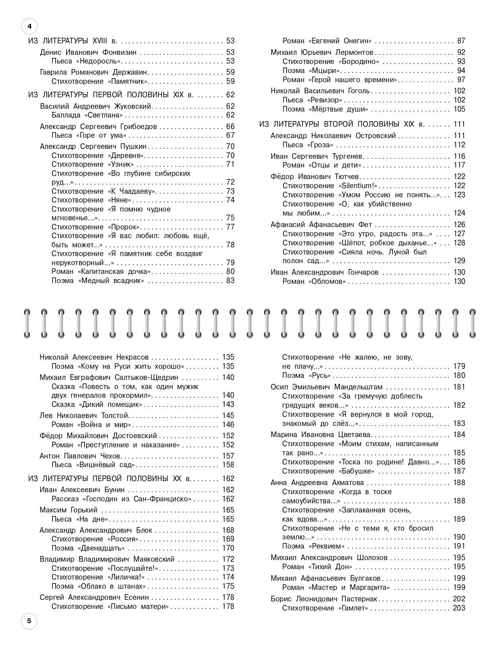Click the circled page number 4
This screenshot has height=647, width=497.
tap(29, 27)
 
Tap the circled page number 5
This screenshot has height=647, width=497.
tap(29, 621)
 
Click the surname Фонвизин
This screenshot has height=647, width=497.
tap(119, 52)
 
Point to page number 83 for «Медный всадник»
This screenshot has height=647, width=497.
tap(230, 281)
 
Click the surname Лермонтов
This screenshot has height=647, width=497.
tap(354, 52)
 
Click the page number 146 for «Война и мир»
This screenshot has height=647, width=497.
tap(228, 425)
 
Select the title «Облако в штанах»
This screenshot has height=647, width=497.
tap(112, 586)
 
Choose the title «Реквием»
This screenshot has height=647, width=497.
tap(327, 546)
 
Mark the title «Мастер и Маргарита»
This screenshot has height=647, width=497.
tap(349, 587)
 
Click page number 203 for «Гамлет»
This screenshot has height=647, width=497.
tap(459, 608)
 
